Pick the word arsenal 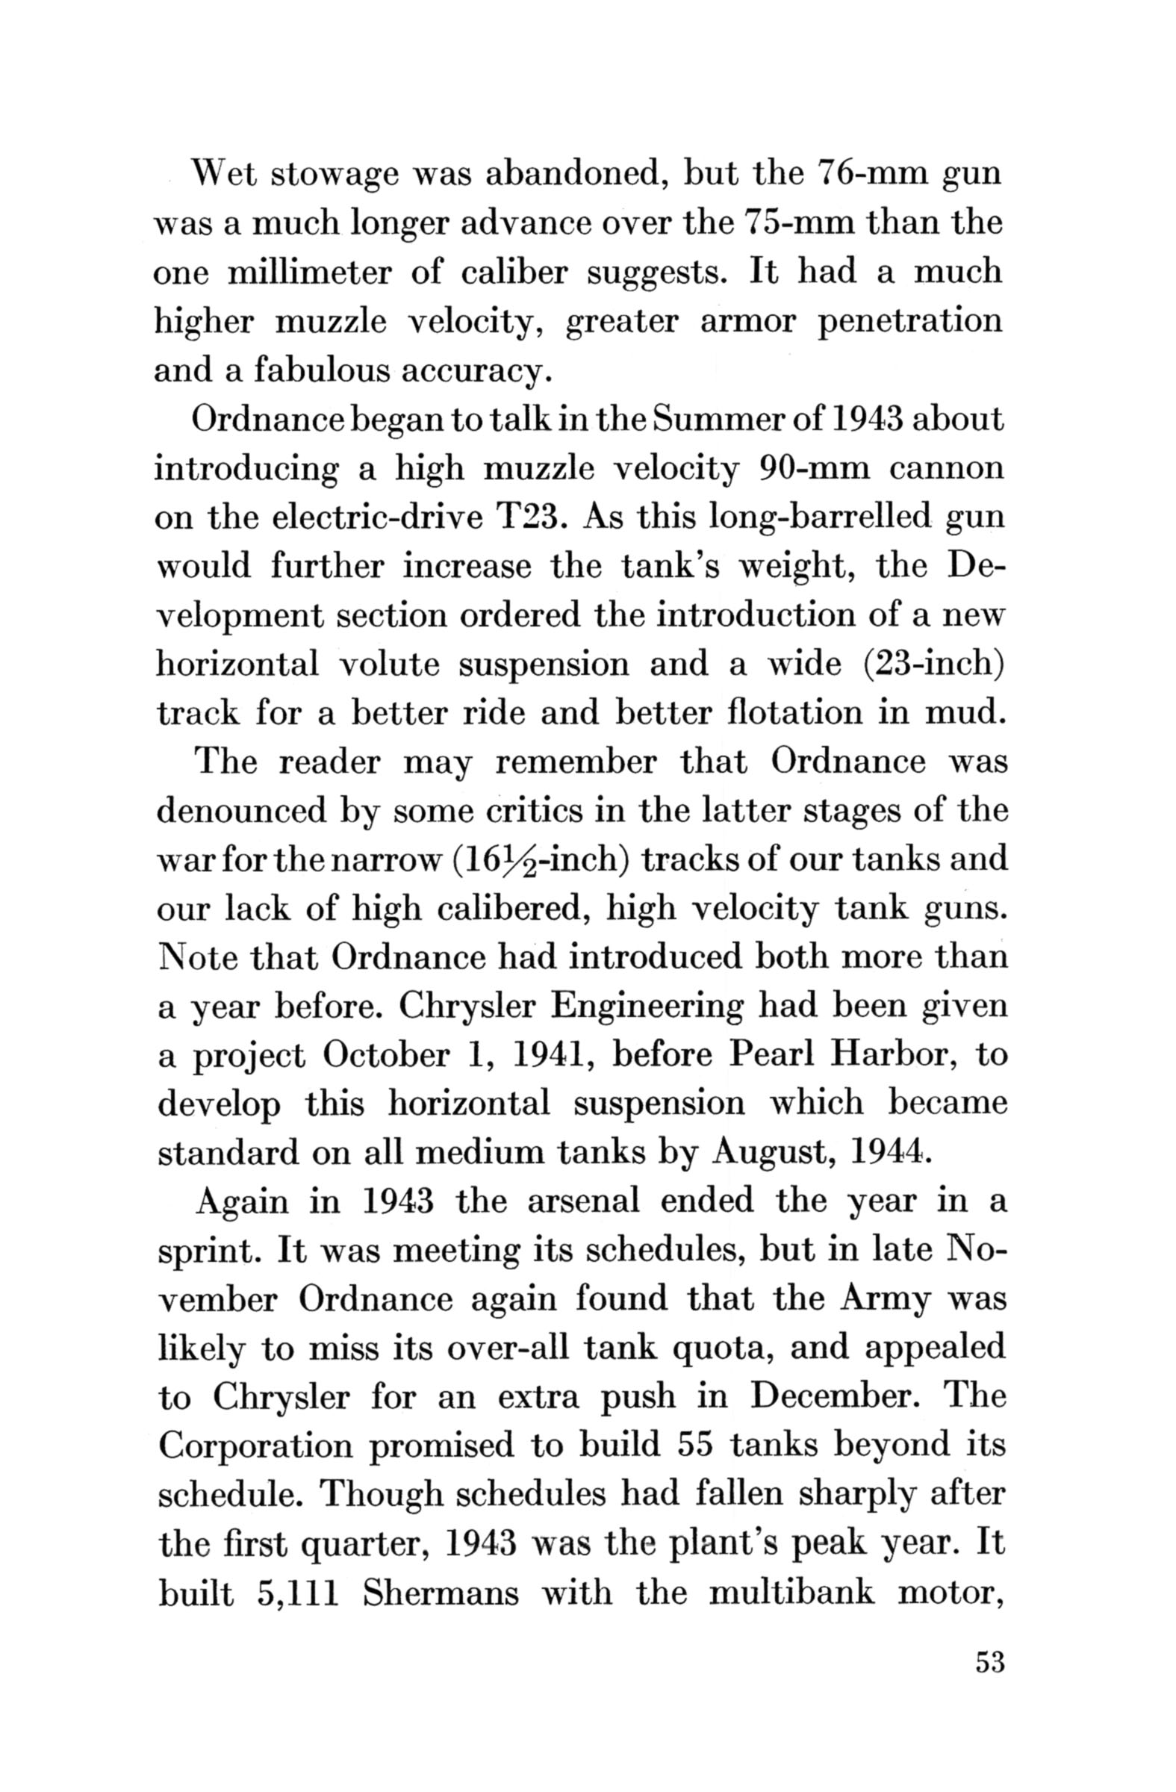point(582,1201)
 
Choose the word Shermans point(441,1594)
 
